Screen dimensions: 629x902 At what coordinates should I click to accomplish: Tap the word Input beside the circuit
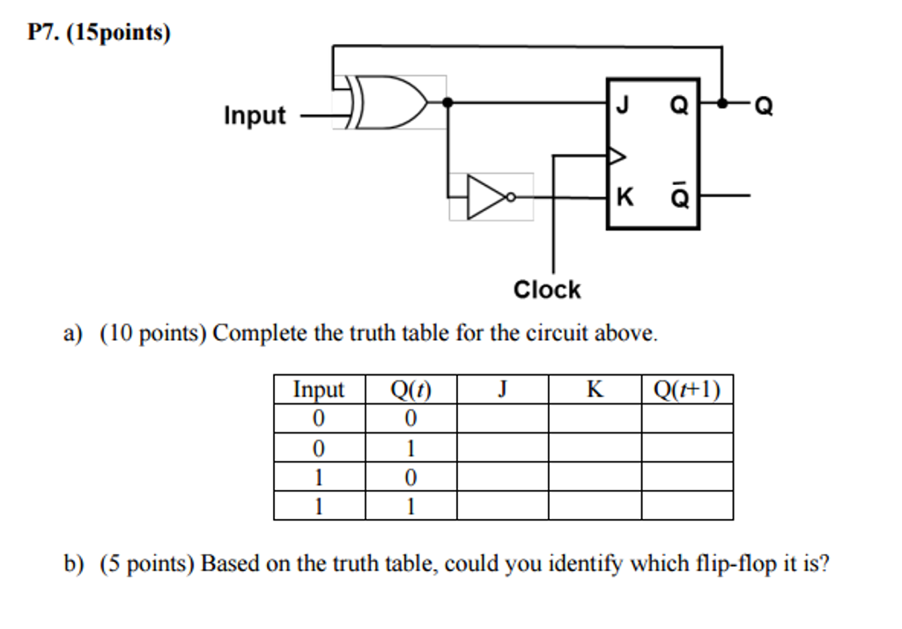coord(255,115)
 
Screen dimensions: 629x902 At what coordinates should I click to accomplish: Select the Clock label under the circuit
coord(547,290)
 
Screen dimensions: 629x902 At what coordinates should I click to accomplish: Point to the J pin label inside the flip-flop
coord(623,106)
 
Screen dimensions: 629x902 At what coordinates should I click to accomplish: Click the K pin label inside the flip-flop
coord(624,196)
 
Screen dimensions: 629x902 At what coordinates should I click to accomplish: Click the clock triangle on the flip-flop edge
coord(616,156)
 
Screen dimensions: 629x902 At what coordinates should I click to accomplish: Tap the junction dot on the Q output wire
coord(722,103)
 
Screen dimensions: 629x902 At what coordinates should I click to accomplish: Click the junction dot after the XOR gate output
coord(447,103)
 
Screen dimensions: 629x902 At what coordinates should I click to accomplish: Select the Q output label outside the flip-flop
coord(764,107)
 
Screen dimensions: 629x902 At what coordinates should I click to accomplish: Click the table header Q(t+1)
coord(687,389)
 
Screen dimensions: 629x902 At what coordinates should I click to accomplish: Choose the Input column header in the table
coord(319,389)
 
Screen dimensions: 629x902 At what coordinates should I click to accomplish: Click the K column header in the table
coord(595,389)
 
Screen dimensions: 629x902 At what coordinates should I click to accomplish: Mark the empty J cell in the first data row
coord(502,418)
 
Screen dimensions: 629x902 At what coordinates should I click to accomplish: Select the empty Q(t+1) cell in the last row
coord(687,506)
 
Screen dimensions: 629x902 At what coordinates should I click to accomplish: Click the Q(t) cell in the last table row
coord(410,506)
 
